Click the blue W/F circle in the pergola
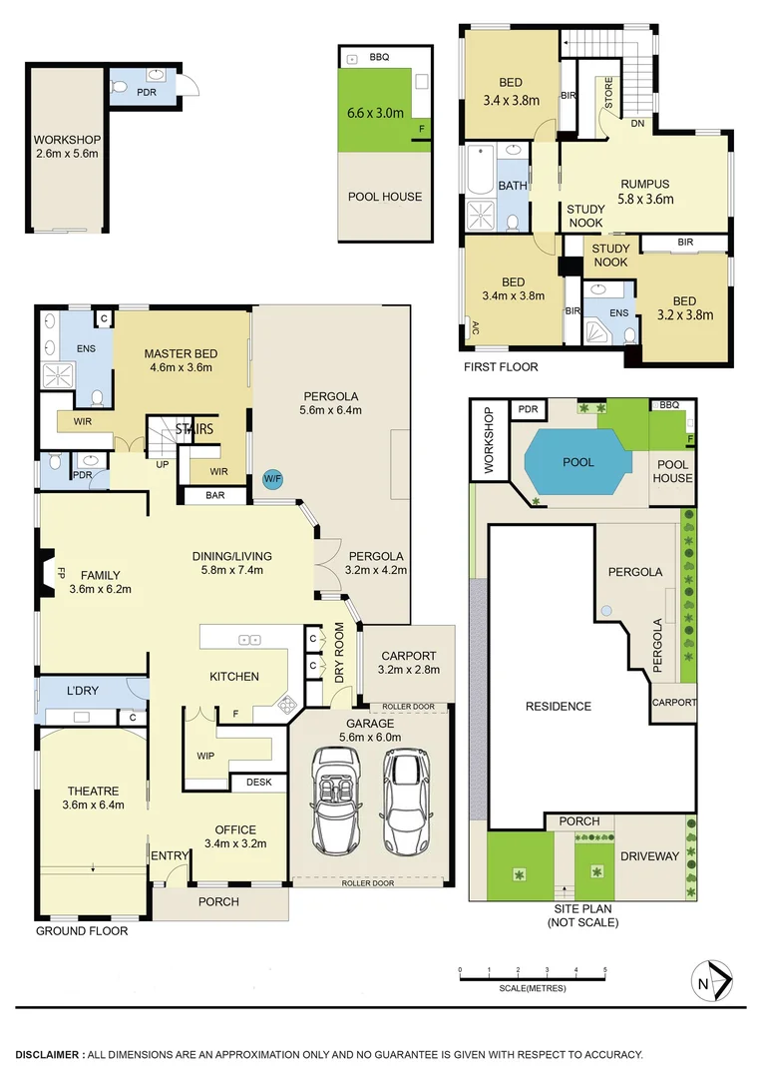(271, 479)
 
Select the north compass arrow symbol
(715, 980)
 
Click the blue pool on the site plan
(577, 463)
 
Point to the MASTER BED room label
(181, 353)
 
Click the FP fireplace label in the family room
(60, 575)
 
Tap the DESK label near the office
(259, 784)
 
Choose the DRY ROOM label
(339, 653)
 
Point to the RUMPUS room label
(644, 184)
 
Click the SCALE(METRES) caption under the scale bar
(533, 988)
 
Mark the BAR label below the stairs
(214, 494)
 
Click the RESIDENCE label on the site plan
(559, 707)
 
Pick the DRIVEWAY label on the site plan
(649, 856)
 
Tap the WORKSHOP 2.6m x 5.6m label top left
(65, 147)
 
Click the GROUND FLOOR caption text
(82, 931)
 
